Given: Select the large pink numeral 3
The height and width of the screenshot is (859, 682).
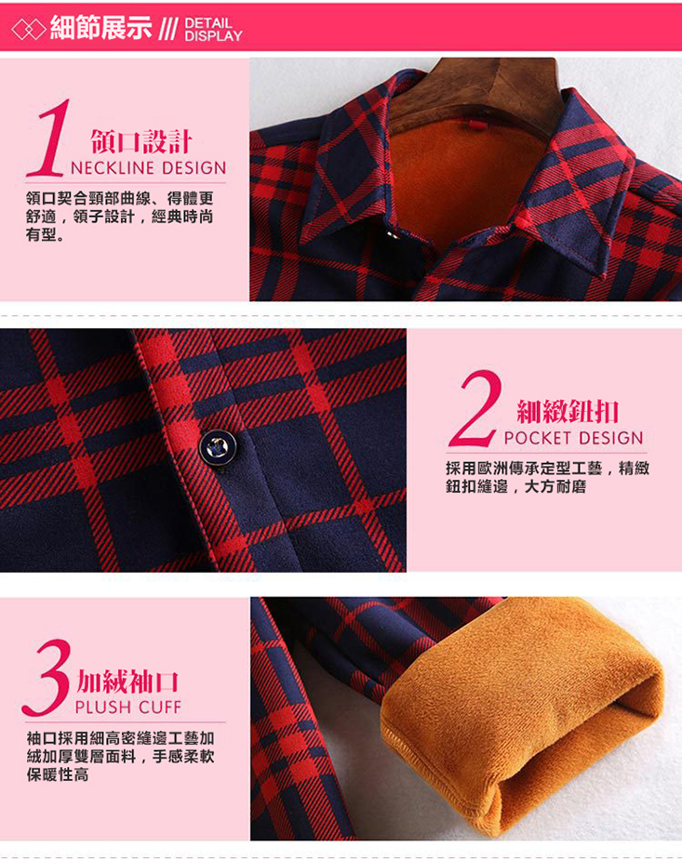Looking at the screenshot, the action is (x=48, y=679).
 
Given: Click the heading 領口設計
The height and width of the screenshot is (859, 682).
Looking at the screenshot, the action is (x=141, y=142).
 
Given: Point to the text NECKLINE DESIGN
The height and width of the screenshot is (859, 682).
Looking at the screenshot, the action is (x=149, y=167).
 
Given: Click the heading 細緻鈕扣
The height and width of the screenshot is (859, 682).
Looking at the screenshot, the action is (x=568, y=412).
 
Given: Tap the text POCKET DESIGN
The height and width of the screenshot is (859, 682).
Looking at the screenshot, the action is (x=573, y=438).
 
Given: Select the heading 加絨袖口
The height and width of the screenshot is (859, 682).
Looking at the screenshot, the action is (x=127, y=682).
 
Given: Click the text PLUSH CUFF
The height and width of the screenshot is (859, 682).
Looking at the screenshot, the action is (x=128, y=707).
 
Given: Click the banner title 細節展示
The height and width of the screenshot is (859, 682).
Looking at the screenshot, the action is (x=100, y=27).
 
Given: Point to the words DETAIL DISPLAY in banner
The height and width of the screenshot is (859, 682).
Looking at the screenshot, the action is (x=213, y=30).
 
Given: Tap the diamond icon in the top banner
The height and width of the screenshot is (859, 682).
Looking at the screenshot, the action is (x=29, y=30).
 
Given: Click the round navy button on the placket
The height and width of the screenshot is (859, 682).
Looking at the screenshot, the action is (x=218, y=447).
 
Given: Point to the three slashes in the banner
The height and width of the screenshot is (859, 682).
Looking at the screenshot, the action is (x=168, y=30).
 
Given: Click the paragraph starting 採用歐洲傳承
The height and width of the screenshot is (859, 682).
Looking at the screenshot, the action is (x=547, y=477).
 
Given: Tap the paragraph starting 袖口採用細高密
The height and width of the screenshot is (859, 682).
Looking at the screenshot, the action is (x=121, y=757).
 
